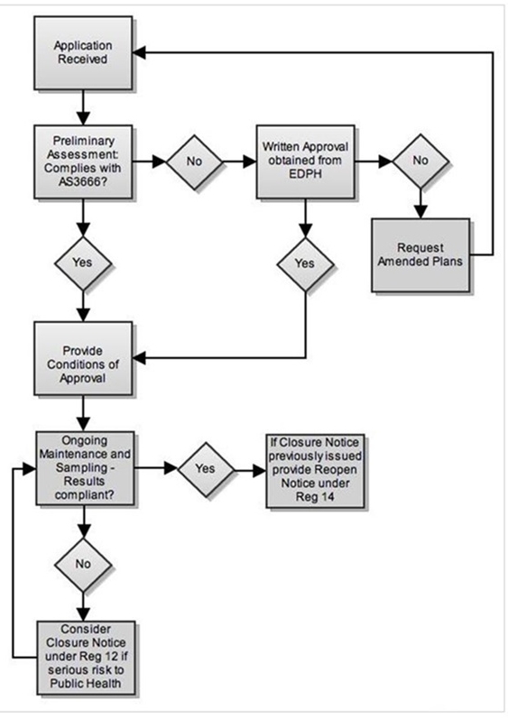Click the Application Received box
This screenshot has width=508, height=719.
coord(83,52)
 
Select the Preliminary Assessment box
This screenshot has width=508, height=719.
coord(83,161)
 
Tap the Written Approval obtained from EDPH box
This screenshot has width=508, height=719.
coord(305,161)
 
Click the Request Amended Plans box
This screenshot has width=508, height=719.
coord(420,255)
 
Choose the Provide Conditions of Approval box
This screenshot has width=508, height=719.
coord(83,358)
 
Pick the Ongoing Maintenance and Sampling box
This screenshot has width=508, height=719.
coord(86,468)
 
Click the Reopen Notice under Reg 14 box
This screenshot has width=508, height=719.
coord(316,471)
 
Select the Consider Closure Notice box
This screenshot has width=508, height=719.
coord(87,658)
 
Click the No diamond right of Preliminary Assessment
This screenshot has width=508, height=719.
coord(194,161)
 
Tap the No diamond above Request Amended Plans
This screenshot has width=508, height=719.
coord(420,161)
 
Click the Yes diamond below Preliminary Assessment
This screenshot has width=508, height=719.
coord(83,263)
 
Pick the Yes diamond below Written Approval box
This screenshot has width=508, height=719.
coord(305,264)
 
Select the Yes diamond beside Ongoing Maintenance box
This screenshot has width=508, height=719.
coord(206,468)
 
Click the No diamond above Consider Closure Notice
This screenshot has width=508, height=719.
coord(83,564)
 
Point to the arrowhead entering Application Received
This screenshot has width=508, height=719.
coord(139,52)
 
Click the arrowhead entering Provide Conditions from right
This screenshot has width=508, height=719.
coord(139,357)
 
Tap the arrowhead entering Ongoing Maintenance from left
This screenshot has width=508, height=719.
coord(30,469)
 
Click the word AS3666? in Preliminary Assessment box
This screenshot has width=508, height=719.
coord(83,182)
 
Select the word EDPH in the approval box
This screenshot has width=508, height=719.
coord(305,175)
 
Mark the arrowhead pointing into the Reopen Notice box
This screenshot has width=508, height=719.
coord(260,471)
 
